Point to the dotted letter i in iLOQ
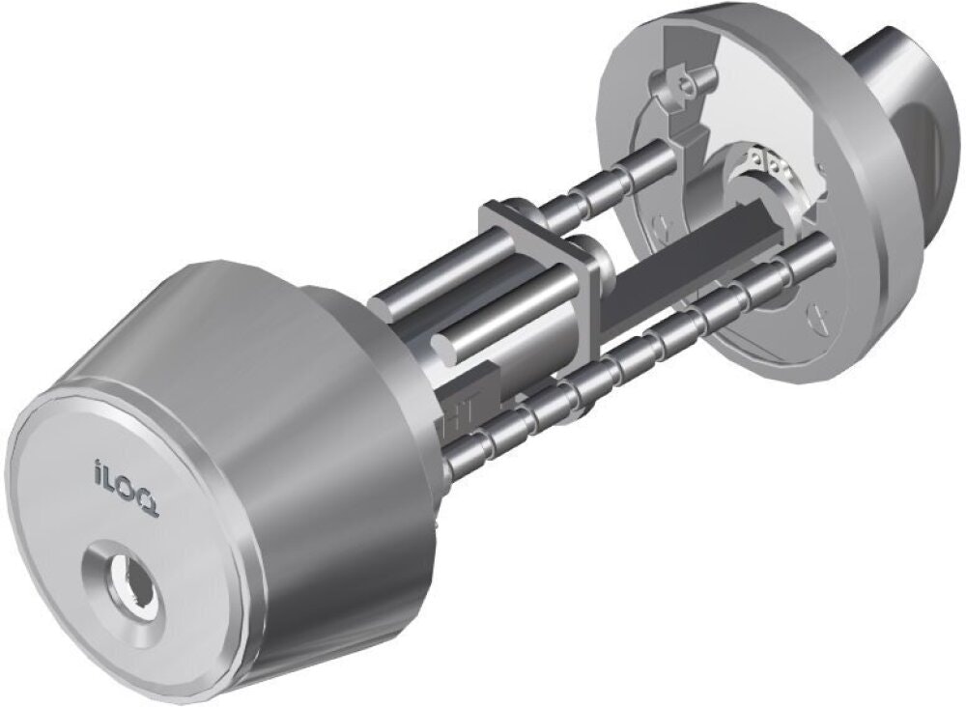coord(98,469)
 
